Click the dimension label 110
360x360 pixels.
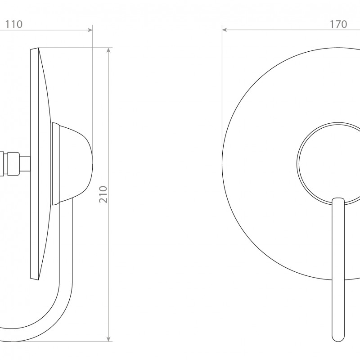tap(14, 24)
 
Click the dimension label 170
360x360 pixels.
tap(338, 24)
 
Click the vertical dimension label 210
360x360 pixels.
tap(103, 194)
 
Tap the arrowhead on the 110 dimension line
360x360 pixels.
tap(90, 30)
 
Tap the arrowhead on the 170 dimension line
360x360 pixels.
tap(225, 30)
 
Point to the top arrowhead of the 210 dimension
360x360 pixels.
tap(109, 50)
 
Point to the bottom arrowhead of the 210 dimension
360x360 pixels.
tap(109, 339)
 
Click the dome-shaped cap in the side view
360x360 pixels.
tap(76, 163)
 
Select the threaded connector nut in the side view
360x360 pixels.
tap(13, 163)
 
